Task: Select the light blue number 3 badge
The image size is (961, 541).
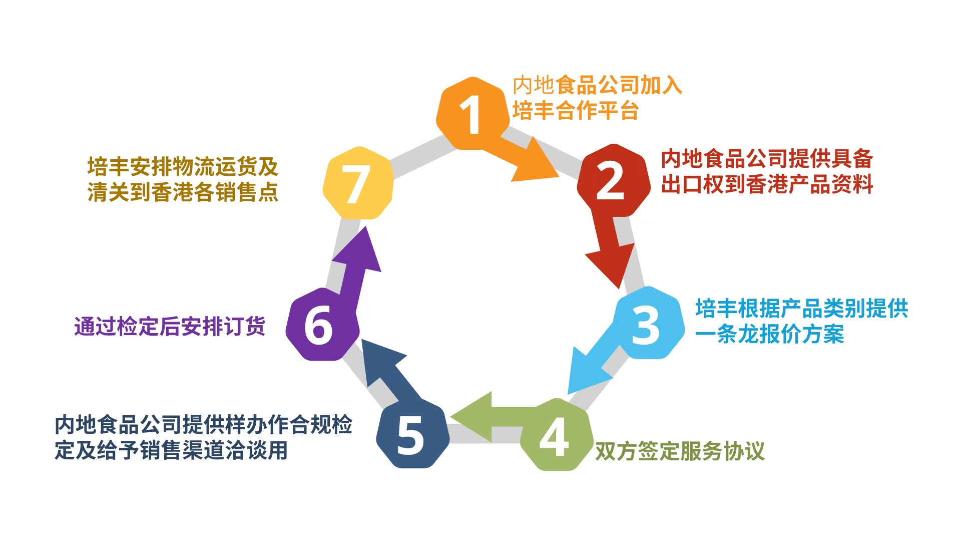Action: click(649, 324)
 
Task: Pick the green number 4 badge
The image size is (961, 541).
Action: click(555, 435)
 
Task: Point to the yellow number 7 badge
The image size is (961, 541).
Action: click(357, 183)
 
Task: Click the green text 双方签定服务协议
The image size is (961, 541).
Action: click(680, 451)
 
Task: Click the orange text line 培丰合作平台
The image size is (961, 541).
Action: click(576, 111)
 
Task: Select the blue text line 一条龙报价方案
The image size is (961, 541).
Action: click(770, 334)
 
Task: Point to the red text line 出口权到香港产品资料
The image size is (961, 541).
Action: click(767, 184)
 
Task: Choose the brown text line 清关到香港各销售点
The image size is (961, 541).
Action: click(183, 192)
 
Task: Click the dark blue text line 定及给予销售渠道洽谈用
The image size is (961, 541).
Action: click(171, 450)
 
